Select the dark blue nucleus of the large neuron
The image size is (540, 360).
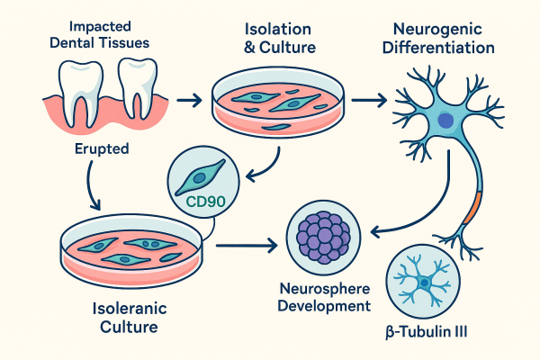(445, 120)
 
